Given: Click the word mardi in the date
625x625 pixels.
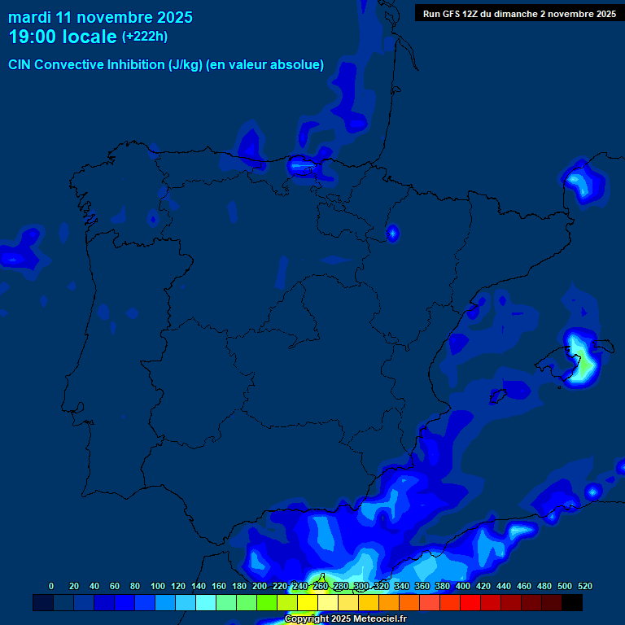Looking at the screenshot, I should (x=29, y=16).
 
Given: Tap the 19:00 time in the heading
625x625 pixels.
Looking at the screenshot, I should (x=32, y=37).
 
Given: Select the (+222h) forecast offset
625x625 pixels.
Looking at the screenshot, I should (x=144, y=36).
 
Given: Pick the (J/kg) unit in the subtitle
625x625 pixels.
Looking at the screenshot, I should (x=186, y=65).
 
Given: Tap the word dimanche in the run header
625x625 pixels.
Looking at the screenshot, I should (x=519, y=13).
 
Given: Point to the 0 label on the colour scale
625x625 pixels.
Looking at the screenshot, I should (x=51, y=586).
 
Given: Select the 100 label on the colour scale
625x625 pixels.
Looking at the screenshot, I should (x=158, y=586).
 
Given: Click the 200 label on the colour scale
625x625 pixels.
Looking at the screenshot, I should (x=260, y=586).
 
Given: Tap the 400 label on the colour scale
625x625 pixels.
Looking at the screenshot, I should (x=463, y=586).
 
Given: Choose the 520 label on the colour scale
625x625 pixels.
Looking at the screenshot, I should (x=585, y=586).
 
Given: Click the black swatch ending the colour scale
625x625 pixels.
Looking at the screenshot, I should (x=572, y=602).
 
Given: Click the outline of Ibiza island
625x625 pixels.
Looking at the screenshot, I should (x=499, y=396).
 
